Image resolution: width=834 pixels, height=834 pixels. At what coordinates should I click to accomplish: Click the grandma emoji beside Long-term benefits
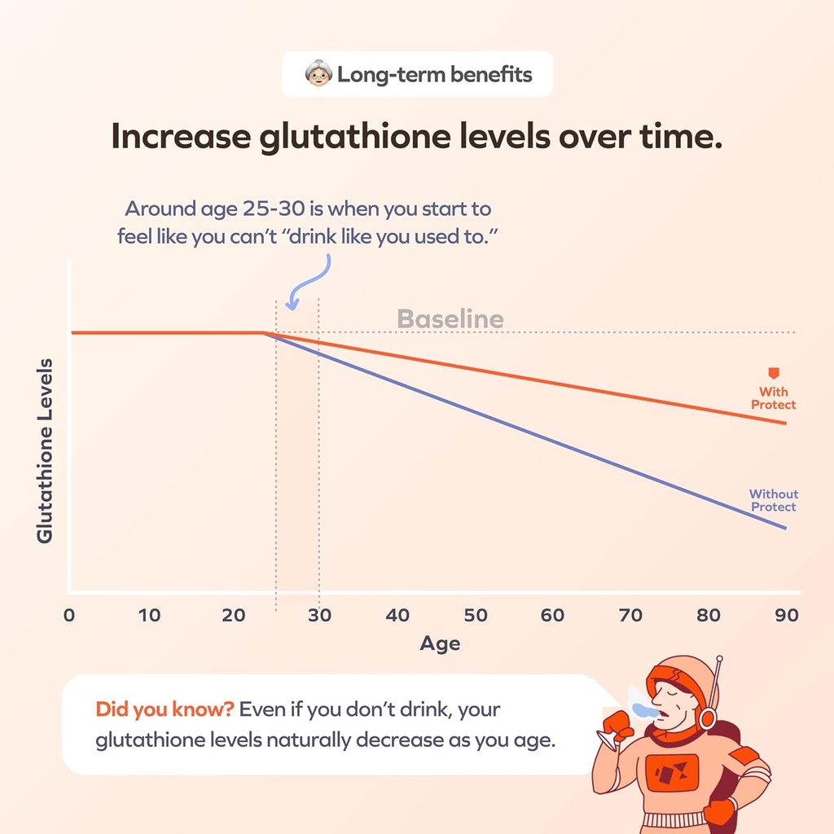(x=318, y=76)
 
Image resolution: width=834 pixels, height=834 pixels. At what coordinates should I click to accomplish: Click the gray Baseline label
(x=450, y=318)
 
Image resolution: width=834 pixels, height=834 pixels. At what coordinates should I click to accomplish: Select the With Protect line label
(x=773, y=398)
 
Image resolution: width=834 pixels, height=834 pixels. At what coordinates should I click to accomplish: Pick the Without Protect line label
(x=773, y=500)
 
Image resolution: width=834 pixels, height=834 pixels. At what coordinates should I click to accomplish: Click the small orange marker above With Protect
(x=773, y=373)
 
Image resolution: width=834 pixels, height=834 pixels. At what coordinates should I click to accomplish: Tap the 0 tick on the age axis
(x=69, y=615)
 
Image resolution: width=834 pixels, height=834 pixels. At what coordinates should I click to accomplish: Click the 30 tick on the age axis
(x=319, y=615)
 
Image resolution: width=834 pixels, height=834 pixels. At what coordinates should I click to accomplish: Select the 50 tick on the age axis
(x=476, y=615)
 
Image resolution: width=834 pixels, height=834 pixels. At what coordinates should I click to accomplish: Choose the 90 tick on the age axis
(x=786, y=615)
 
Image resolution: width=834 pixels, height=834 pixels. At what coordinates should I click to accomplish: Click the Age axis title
(x=440, y=643)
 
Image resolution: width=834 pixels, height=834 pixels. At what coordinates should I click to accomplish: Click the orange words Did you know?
(x=165, y=709)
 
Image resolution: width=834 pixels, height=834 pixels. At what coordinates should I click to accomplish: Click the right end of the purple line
(x=785, y=528)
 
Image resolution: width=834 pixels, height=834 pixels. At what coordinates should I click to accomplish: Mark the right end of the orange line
(x=785, y=423)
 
